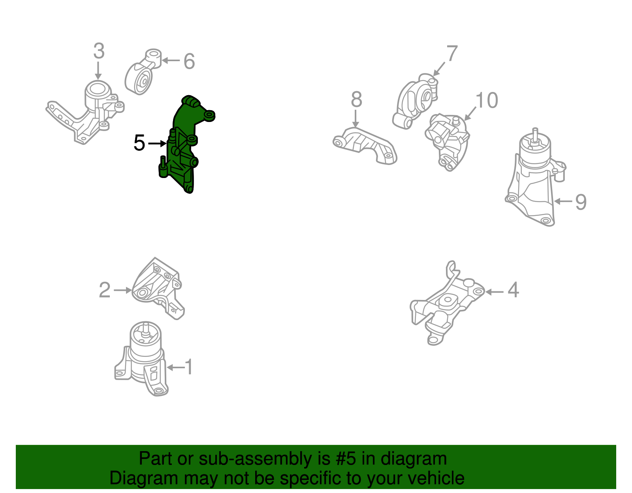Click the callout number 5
click(x=139, y=143)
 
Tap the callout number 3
click(x=99, y=51)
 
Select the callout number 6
click(x=189, y=61)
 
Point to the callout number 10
click(x=487, y=101)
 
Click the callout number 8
click(x=357, y=99)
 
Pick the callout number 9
click(x=581, y=202)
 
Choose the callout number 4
click(x=513, y=290)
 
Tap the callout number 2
click(x=105, y=290)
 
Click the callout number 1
click(x=189, y=367)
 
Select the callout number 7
click(x=452, y=53)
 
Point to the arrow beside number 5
click(x=157, y=143)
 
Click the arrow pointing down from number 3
click(x=98, y=71)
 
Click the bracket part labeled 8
click(x=365, y=146)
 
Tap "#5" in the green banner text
click(x=346, y=458)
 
